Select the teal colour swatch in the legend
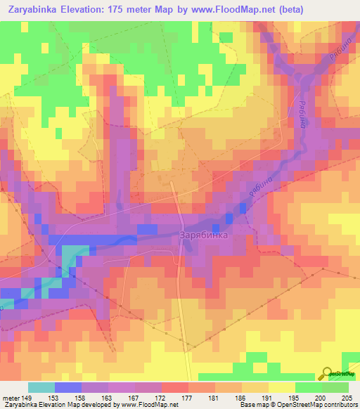[x=41, y=387]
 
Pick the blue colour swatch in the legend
[x=68, y=387]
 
